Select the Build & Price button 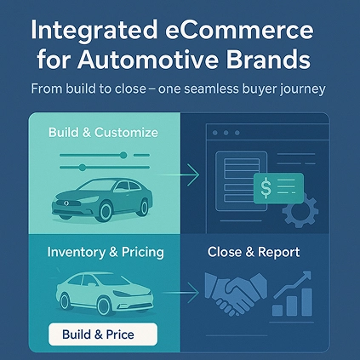click(x=103, y=334)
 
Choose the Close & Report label click(x=253, y=253)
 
